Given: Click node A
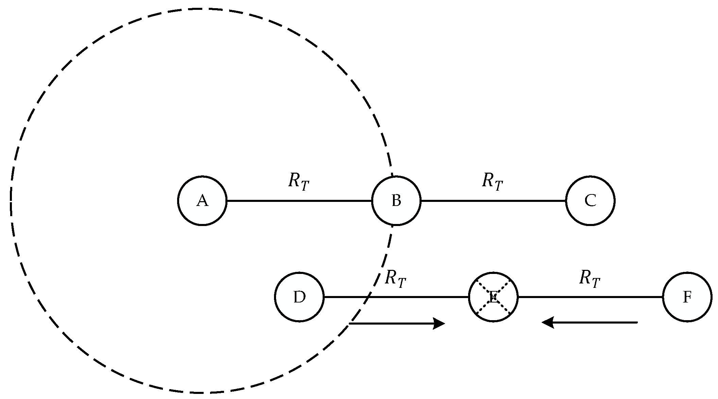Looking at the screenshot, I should tap(202, 201).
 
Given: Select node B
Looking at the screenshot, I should tap(396, 201).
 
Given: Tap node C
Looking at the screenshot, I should tap(591, 201).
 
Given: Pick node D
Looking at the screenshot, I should tap(299, 297).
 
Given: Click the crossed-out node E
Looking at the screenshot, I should tap(493, 297).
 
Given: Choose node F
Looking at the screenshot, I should tap(687, 297).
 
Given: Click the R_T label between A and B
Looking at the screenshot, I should tap(298, 181).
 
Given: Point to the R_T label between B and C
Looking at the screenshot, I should tap(492, 181).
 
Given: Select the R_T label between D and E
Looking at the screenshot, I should tap(395, 279).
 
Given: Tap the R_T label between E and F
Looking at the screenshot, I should tap(589, 279).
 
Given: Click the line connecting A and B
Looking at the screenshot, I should tap(299, 201).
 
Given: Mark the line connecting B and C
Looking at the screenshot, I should tap(493, 201).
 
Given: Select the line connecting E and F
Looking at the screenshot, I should tap(590, 297).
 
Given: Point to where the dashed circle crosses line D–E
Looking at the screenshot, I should tap(367, 297).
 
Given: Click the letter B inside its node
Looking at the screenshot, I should tap(396, 201).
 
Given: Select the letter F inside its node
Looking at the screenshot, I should tap(687, 297).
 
